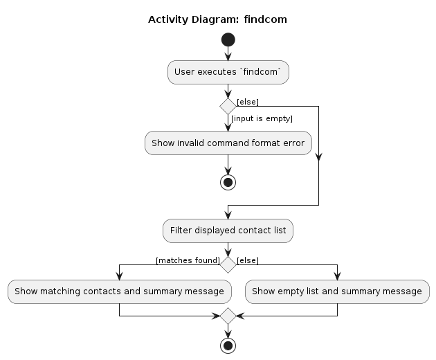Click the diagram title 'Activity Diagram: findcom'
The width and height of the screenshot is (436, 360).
click(217, 19)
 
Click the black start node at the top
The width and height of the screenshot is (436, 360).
click(228, 40)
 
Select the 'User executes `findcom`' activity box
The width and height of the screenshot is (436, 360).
click(228, 71)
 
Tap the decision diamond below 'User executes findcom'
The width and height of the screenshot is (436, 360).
click(228, 106)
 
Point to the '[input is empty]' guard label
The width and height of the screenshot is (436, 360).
click(262, 119)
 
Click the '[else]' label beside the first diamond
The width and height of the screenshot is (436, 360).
click(248, 102)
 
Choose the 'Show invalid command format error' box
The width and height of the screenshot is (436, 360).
click(228, 143)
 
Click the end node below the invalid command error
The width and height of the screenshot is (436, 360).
click(228, 182)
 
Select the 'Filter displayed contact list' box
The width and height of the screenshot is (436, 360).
click(228, 231)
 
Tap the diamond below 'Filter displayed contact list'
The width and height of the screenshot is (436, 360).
click(228, 264)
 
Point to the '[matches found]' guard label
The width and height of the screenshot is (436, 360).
click(188, 260)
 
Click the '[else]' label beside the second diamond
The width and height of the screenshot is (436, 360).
click(248, 260)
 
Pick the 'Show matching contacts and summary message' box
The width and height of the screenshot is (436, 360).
click(120, 291)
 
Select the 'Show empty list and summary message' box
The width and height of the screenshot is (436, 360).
click(337, 291)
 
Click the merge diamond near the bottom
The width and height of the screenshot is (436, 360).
click(228, 316)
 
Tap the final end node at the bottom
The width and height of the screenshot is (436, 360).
click(228, 344)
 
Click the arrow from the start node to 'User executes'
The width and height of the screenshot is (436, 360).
click(228, 54)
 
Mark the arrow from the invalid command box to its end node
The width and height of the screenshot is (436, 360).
click(228, 165)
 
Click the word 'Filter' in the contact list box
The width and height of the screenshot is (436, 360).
click(182, 231)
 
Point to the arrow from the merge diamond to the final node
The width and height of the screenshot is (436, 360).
click(228, 330)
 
